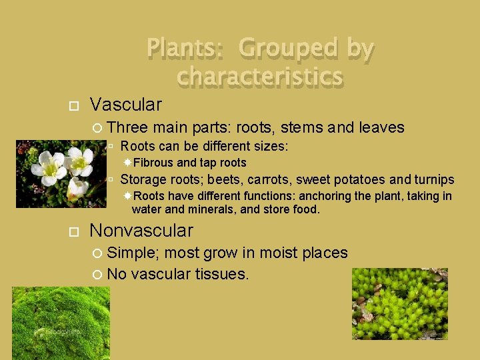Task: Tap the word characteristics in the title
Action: pyautogui.click(x=260, y=77)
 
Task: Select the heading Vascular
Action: pyautogui.click(x=125, y=105)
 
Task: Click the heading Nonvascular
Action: pyautogui.click(x=141, y=231)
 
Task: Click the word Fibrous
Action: pyautogui.click(x=154, y=163)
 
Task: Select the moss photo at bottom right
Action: pyautogui.click(x=400, y=304)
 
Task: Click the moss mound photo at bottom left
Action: pyautogui.click(x=61, y=323)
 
